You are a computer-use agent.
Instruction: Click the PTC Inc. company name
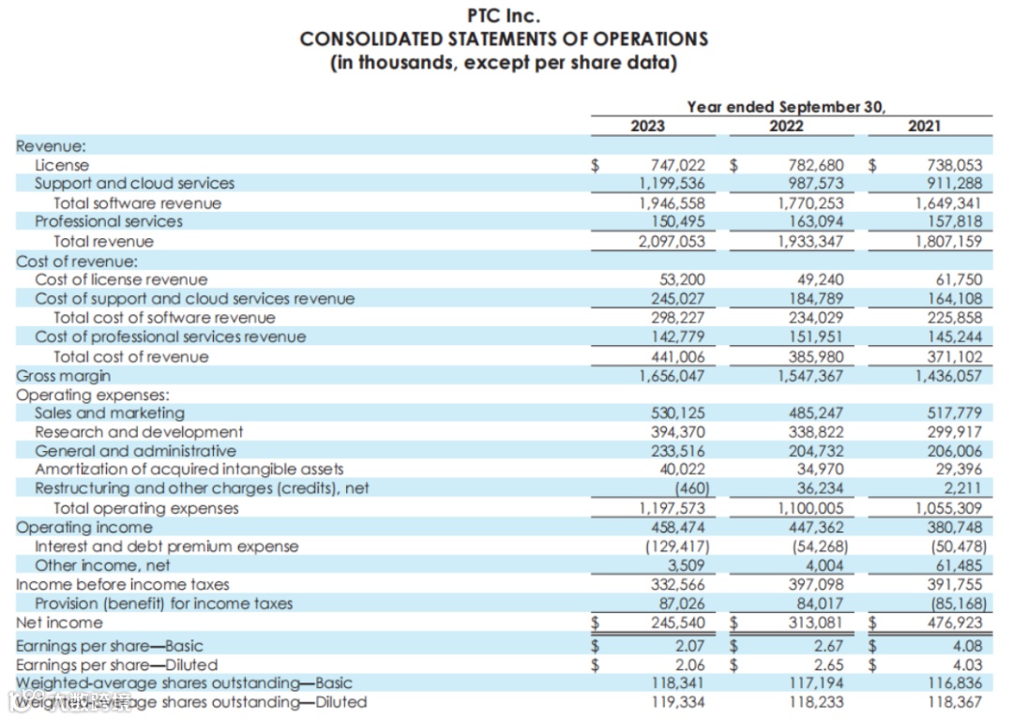[504, 16]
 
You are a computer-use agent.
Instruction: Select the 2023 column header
[647, 126]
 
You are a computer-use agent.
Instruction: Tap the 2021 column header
[925, 126]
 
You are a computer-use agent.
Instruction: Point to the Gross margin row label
[63, 375]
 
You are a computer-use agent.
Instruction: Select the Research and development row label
[139, 432]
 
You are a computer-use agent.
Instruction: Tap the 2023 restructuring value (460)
[691, 488]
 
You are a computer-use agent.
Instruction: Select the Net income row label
[59, 622]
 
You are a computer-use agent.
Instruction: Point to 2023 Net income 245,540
[678, 622]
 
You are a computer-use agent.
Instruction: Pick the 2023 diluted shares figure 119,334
[678, 701]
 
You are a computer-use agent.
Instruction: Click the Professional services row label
[109, 221]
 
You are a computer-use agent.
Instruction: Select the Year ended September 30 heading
[786, 107]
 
